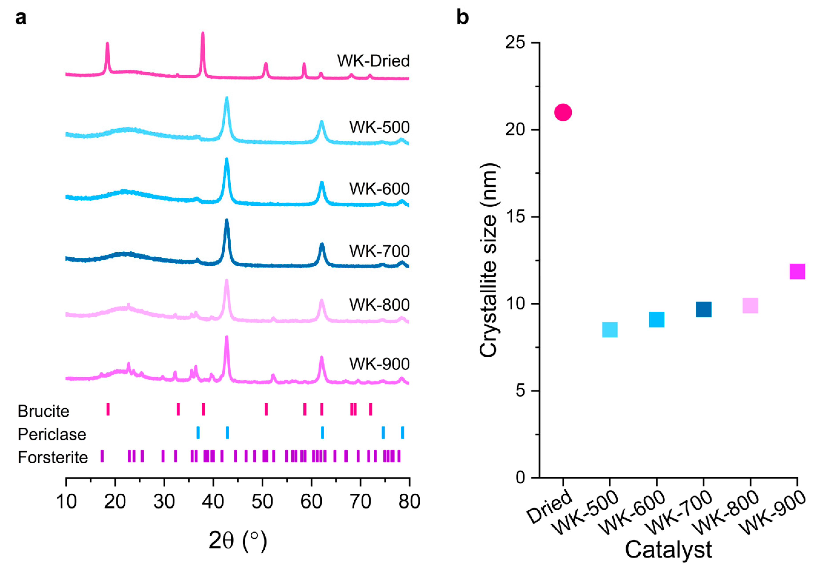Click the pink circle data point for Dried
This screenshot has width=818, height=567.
point(563,113)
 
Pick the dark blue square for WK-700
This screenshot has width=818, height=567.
point(704,310)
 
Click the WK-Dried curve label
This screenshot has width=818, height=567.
point(373,61)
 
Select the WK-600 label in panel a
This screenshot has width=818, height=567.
point(379,189)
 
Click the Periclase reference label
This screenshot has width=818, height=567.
point(52,434)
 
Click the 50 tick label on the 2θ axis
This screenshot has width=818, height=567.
point(262,502)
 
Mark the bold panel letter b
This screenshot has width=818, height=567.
point(462,17)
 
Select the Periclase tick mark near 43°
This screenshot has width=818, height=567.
point(227,432)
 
